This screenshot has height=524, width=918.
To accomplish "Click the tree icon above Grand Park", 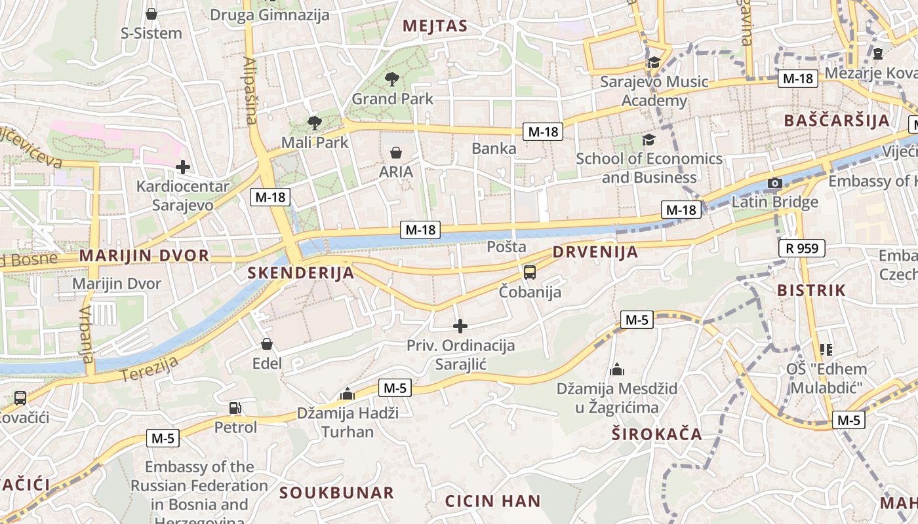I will (x=392, y=80).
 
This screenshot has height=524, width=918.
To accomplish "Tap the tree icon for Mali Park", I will (x=315, y=122).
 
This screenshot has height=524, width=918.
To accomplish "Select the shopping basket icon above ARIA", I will (x=396, y=153).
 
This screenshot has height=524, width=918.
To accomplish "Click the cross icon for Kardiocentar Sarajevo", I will (x=183, y=167).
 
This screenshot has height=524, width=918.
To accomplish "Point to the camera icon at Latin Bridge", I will (x=775, y=183).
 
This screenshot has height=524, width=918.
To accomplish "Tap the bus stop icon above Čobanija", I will (x=530, y=272).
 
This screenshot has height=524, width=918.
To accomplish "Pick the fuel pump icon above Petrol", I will (x=235, y=408).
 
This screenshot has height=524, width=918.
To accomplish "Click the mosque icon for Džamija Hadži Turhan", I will (x=348, y=394).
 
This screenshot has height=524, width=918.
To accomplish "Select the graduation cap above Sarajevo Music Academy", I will (x=654, y=63).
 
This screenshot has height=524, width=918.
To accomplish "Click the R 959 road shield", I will (x=802, y=248).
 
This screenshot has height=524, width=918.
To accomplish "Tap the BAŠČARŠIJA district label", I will (x=837, y=121).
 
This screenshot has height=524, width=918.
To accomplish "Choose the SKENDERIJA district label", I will (x=301, y=273).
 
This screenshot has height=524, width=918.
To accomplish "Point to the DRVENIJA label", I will (x=595, y=252).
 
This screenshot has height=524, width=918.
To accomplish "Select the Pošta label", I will (x=507, y=247).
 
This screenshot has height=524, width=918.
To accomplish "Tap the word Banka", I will (x=494, y=149).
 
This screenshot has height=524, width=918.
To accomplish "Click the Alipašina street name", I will (x=250, y=90).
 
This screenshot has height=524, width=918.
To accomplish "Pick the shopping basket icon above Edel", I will (x=267, y=344).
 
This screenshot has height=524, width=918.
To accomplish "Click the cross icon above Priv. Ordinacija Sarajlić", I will (x=460, y=326).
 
